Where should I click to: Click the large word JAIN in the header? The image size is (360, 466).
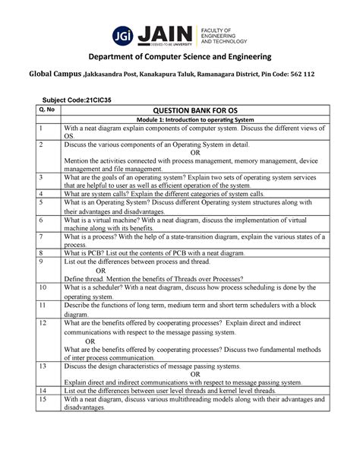point(163,33)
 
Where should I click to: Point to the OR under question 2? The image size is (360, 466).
point(195,151)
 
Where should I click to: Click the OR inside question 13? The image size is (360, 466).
point(195,374)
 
